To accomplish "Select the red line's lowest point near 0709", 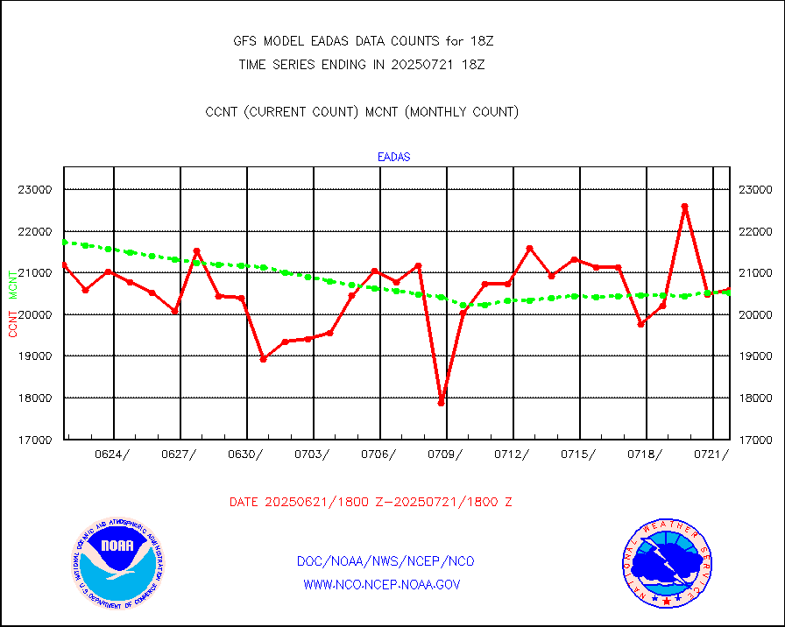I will [x=442, y=402].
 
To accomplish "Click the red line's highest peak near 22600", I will [x=685, y=207].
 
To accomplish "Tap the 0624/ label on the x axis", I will [x=114, y=454].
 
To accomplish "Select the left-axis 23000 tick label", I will [x=36, y=189].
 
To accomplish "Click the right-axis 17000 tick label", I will [x=754, y=440].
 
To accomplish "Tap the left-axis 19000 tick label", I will [x=36, y=356].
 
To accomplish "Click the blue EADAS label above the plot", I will [x=393, y=158].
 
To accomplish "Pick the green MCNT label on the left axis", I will [x=13, y=285].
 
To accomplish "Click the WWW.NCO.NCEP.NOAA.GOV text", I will [x=381, y=584].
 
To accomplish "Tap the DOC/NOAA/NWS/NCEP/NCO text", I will [x=385, y=561].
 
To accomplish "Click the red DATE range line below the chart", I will [x=371, y=503].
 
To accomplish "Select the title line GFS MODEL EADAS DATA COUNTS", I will [x=359, y=40].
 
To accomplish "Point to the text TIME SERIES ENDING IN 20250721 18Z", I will [x=362, y=64].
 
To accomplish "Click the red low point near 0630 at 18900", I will [x=263, y=359].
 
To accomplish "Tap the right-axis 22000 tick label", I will [x=754, y=231].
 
